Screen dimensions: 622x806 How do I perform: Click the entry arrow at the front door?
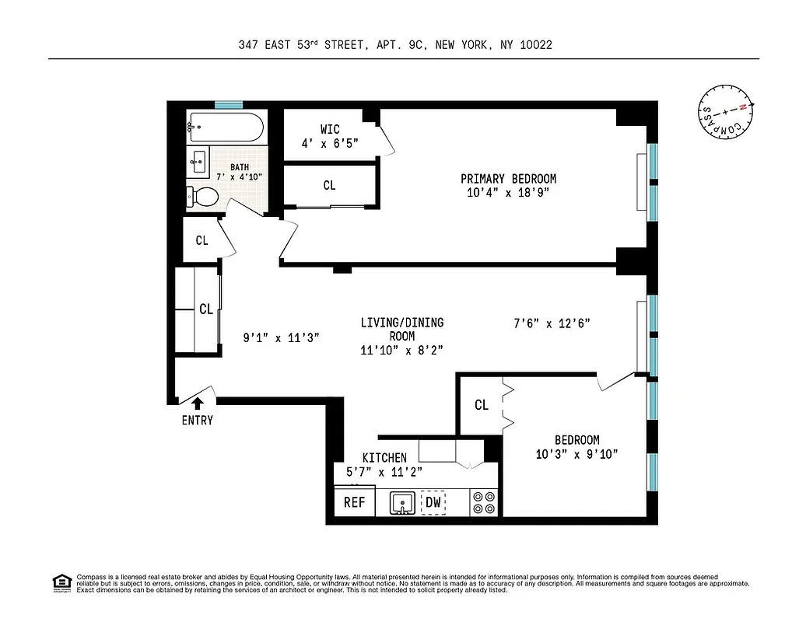198,403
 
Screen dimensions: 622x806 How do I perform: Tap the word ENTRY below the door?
198,421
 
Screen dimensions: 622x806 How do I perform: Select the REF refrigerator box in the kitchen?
355,502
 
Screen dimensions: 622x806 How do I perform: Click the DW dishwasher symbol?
433,502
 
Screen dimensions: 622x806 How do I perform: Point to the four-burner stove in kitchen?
484,502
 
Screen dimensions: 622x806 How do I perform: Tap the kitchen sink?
402,502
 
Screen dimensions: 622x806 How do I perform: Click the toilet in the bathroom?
202,196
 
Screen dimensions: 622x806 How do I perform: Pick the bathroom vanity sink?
198,164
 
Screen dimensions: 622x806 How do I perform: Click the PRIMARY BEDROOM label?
508,179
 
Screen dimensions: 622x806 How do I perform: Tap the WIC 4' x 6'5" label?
330,136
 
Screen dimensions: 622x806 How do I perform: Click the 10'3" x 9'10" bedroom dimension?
576,454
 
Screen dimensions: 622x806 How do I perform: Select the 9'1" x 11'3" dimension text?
281,337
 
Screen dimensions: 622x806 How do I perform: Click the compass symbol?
724,112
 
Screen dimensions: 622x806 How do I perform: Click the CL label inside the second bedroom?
482,405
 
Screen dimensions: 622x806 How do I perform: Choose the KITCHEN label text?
384,458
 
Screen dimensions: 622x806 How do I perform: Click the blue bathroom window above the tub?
229,104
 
